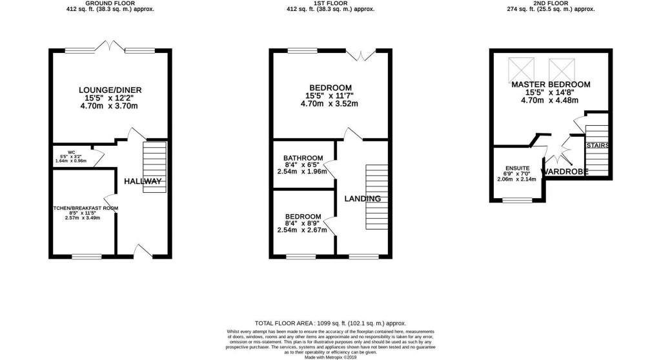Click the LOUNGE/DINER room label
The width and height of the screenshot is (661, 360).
[110, 90]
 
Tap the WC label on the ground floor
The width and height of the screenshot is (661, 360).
[63, 152]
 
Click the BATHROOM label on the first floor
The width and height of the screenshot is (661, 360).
[303, 158]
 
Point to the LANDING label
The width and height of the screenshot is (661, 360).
[362, 199]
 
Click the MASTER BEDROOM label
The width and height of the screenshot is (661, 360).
[551, 85]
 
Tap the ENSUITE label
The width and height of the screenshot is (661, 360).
[516, 168]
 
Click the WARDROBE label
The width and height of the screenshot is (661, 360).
[565, 172]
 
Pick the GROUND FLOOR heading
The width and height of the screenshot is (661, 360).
[110, 3]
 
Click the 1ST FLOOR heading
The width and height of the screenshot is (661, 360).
[331, 3]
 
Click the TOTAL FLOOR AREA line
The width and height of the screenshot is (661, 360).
[330, 323]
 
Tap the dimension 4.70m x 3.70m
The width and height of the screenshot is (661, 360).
[110, 106]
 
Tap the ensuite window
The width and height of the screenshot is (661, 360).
[518, 200]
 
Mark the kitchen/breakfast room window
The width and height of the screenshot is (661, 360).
[86, 257]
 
